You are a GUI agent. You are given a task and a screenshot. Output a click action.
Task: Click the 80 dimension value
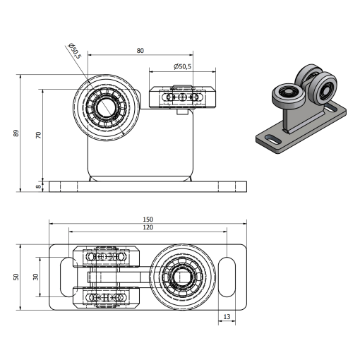tap(140, 51)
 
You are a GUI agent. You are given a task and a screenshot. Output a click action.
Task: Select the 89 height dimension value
tap(16, 133)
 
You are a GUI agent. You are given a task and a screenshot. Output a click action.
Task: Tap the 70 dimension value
tap(38, 135)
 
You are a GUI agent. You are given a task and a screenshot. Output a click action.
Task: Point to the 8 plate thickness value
tap(38, 186)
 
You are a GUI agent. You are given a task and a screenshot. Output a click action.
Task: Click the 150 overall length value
tap(148, 220)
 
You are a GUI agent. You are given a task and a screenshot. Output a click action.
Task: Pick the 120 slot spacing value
tap(148, 227)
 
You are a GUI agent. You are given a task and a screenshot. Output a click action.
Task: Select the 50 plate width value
tap(16, 277)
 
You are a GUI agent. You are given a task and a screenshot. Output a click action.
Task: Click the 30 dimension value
tap(36, 277)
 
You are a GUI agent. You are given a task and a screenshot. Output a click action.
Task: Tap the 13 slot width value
tap(227, 317)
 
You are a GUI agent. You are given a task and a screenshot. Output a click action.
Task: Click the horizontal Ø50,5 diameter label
tap(183, 66)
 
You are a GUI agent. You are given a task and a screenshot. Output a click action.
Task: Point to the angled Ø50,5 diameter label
tap(75, 51)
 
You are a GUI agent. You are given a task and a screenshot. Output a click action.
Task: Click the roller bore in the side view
tap(105, 108)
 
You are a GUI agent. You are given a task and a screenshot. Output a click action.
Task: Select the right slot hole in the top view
tap(227, 277)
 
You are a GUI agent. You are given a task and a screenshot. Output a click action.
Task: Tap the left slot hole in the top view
tap(68, 277)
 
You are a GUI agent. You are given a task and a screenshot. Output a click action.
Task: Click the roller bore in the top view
tap(182, 277)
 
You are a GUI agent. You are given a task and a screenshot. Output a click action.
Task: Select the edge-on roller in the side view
tap(182, 97)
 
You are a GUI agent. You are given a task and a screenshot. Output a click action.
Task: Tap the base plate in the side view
tap(148, 186)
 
